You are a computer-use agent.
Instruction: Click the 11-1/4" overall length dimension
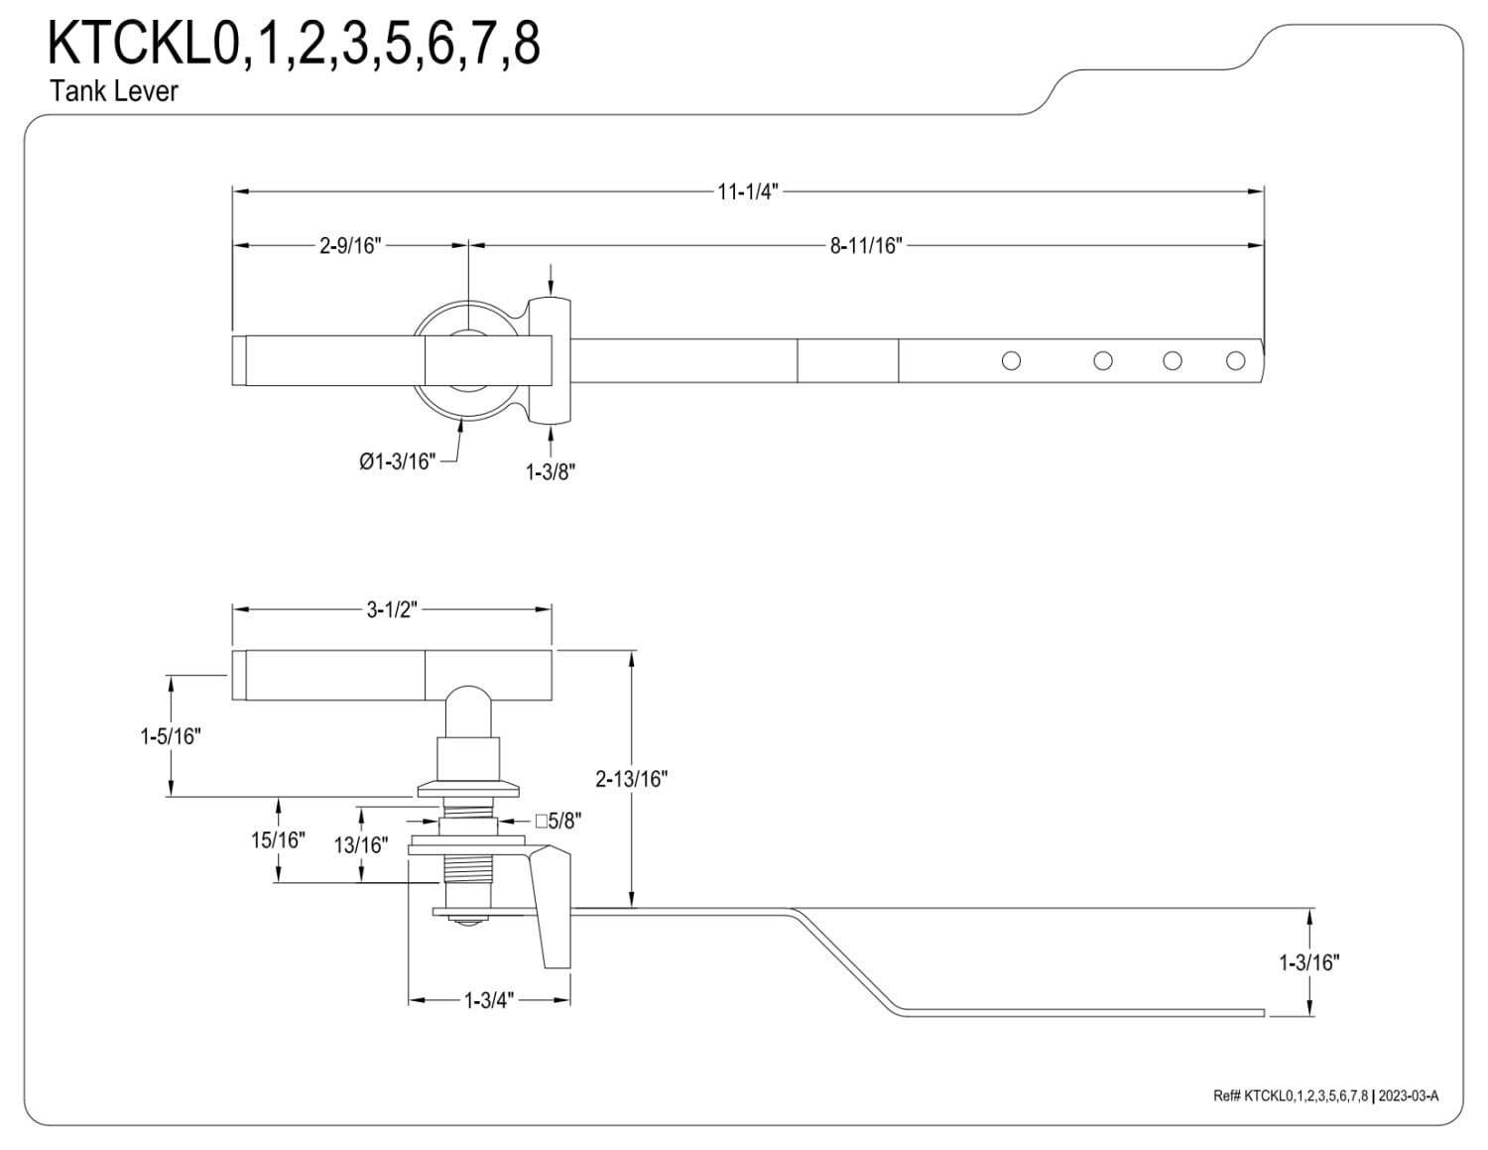coord(748,192)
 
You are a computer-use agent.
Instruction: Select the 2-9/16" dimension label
coord(350,245)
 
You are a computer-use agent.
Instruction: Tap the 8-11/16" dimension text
coord(866,245)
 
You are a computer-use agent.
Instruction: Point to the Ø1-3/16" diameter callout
coord(397,461)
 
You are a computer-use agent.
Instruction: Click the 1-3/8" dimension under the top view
coord(550,472)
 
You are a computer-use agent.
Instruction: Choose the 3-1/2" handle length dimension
coord(392,609)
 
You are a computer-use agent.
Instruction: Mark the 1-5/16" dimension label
coord(171,736)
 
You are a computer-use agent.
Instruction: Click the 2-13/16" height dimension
coord(631,779)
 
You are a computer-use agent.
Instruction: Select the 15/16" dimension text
coord(278,839)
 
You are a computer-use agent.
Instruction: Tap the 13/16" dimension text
coord(361,845)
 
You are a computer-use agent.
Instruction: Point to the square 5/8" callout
coord(558,821)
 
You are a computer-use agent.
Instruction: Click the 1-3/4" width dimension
coord(489,1001)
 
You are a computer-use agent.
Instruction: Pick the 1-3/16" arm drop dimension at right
coord(1309,963)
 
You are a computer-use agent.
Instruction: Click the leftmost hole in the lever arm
coord(1011,361)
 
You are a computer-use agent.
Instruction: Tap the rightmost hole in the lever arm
coord(1235,361)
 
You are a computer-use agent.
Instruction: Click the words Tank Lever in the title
coord(114,91)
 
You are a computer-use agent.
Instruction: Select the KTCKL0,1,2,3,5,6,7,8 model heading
coord(294,44)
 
